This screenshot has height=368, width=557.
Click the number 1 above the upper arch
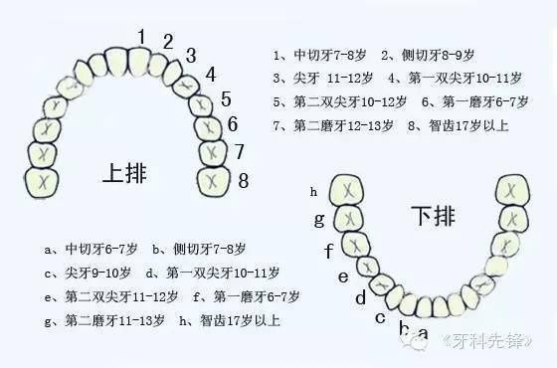coord(141,37)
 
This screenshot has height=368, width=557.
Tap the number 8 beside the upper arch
coord(243,180)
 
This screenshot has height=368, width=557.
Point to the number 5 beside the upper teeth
coord(226,98)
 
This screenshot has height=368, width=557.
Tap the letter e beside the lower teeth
coord(343,276)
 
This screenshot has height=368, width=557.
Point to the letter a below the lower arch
coord(423,333)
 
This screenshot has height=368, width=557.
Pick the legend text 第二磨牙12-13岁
coord(338,126)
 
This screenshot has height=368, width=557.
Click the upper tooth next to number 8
coord(216,181)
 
